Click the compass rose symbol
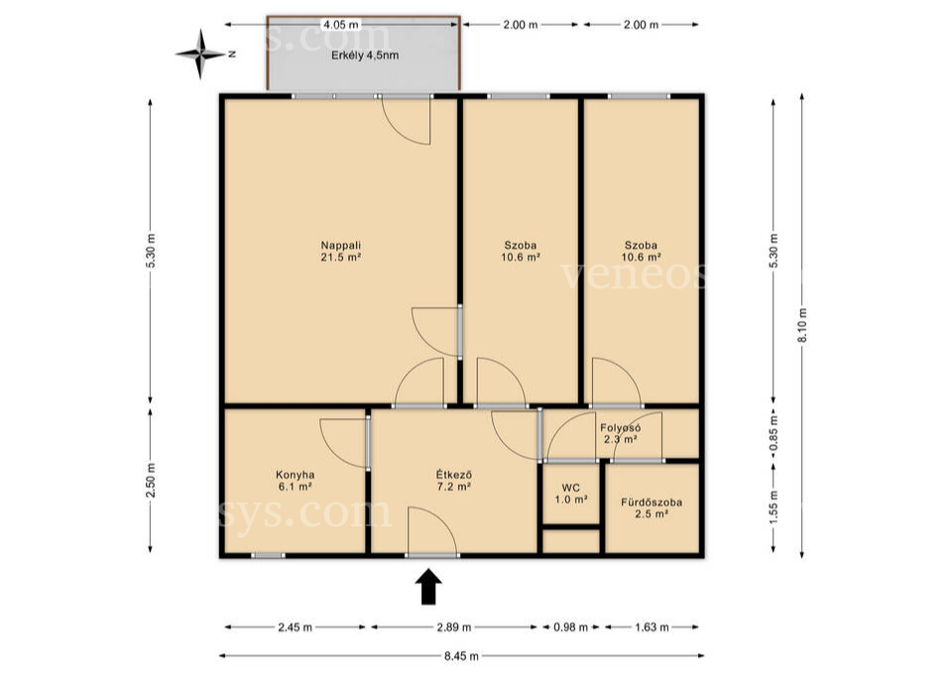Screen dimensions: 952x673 (200, 55)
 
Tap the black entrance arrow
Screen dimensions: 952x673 (428, 587)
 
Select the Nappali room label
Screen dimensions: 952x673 (341, 246)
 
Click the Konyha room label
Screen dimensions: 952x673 (296, 475)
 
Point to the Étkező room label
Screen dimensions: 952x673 (454, 475)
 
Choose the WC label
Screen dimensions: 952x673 (571, 488)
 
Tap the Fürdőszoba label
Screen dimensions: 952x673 (652, 503)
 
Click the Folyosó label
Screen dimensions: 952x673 (621, 427)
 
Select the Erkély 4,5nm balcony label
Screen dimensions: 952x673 (365, 56)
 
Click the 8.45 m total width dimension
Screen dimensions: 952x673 (461, 656)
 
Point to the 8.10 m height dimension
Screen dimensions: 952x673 (802, 325)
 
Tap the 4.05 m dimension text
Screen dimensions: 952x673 (341, 25)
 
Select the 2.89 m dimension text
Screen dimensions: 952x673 (454, 627)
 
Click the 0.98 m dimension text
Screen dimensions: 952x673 (571, 627)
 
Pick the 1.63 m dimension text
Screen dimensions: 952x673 (652, 627)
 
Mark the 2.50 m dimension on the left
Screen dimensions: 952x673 (151, 480)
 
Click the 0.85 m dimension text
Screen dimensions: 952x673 (773, 433)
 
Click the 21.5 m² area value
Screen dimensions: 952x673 (341, 258)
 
